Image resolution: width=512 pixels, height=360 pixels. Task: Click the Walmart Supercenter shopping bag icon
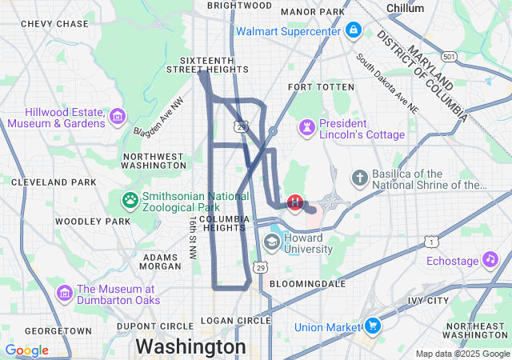pyautogui.click(x=353, y=31)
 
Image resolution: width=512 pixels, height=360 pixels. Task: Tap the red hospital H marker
pyautogui.click(x=295, y=202)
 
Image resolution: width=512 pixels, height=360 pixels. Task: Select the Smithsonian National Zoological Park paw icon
pyautogui.click(x=129, y=198)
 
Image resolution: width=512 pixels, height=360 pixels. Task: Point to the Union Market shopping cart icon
pyautogui.click(x=372, y=326)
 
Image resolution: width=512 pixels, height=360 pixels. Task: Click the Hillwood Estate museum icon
pyautogui.click(x=118, y=117)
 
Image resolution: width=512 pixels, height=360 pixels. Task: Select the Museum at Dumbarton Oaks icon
pyautogui.click(x=65, y=294)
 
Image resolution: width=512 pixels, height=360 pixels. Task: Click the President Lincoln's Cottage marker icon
pyautogui.click(x=306, y=128)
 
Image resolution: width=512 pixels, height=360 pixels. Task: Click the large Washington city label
pyautogui.click(x=190, y=346)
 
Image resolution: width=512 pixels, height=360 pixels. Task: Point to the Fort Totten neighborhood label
pyautogui.click(x=321, y=86)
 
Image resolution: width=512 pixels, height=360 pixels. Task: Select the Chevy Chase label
pyautogui.click(x=54, y=24)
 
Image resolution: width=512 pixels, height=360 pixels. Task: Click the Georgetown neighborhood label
pyautogui.click(x=58, y=330)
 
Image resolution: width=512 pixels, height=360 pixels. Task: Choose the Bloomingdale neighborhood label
pyautogui.click(x=307, y=283)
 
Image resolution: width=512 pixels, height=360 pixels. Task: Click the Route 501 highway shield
pyautogui.click(x=451, y=57)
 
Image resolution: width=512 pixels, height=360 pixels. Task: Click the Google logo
pyautogui.click(x=26, y=350)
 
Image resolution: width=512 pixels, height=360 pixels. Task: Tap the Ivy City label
pyautogui.click(x=427, y=301)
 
